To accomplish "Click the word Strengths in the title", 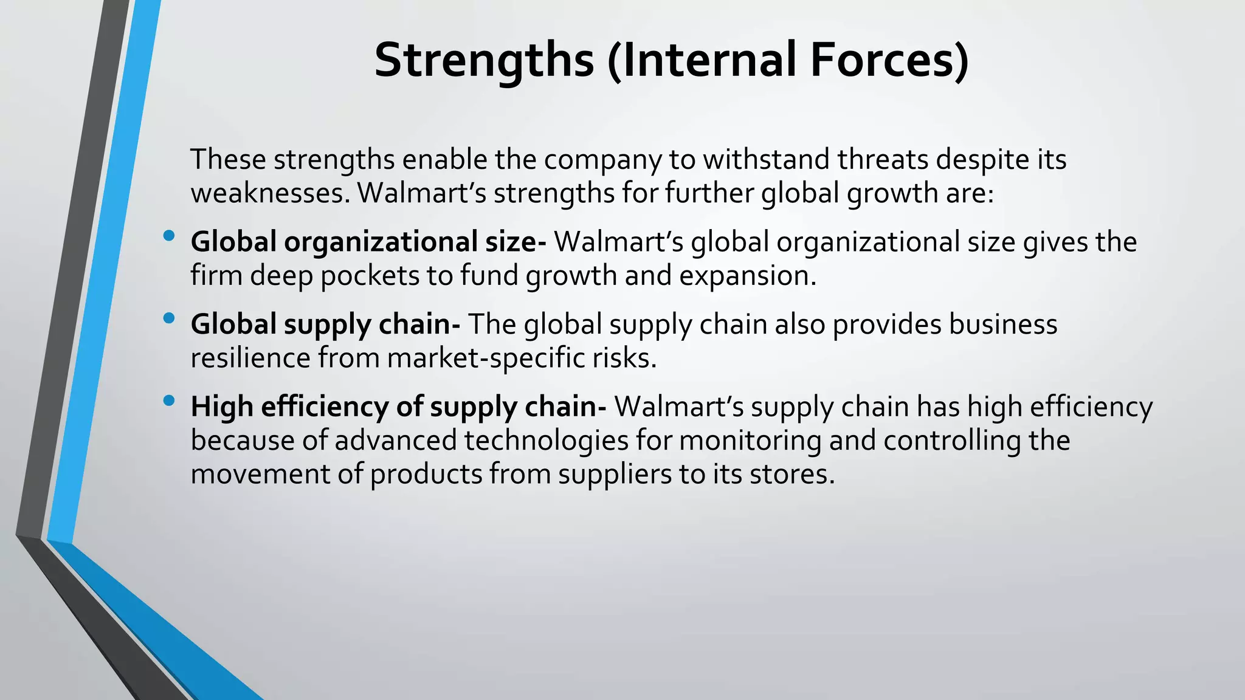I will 484,61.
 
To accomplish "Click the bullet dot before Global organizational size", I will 169,236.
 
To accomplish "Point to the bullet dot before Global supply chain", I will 169,318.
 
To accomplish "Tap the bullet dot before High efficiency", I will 169,400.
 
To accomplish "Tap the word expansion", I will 747,276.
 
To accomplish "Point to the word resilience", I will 250,358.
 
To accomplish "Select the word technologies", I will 546,441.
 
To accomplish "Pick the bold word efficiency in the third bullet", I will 324,407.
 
